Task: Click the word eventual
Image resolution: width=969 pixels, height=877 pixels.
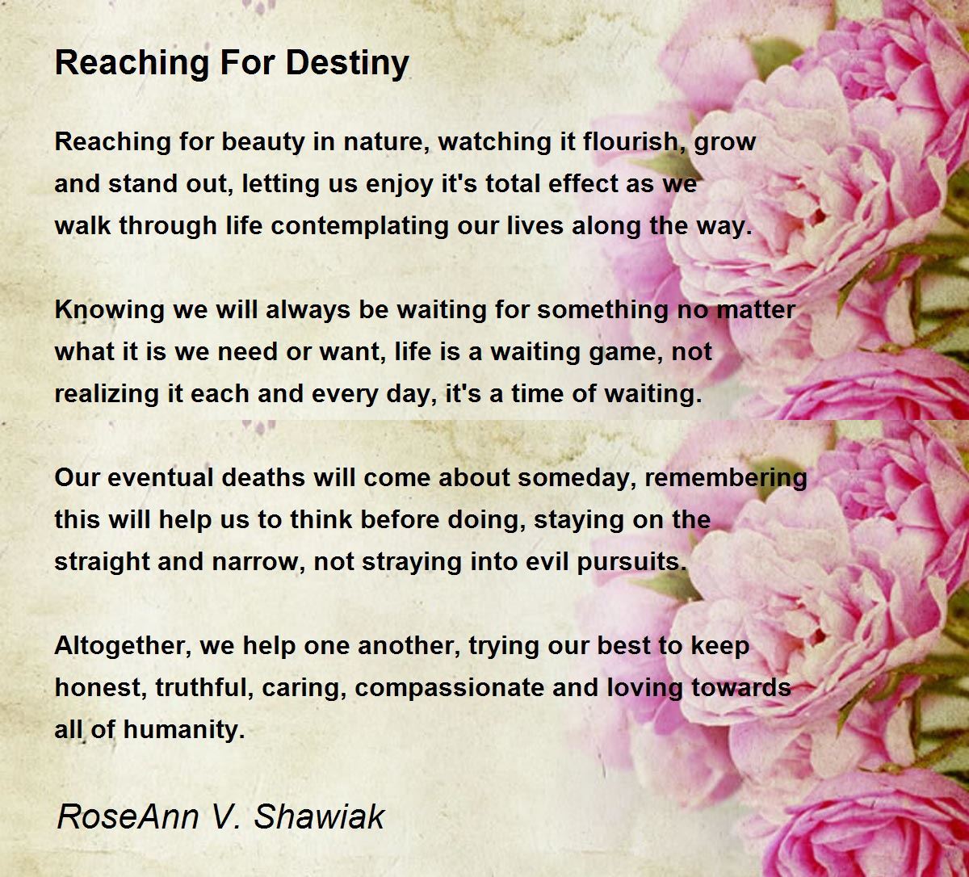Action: (x=149, y=477)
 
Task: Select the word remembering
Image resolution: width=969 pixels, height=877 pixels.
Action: (x=726, y=477)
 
